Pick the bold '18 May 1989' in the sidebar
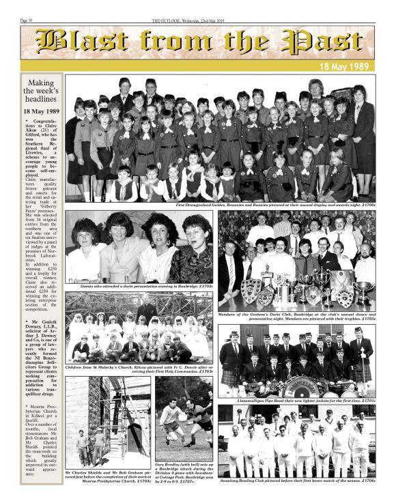click(x=41, y=111)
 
